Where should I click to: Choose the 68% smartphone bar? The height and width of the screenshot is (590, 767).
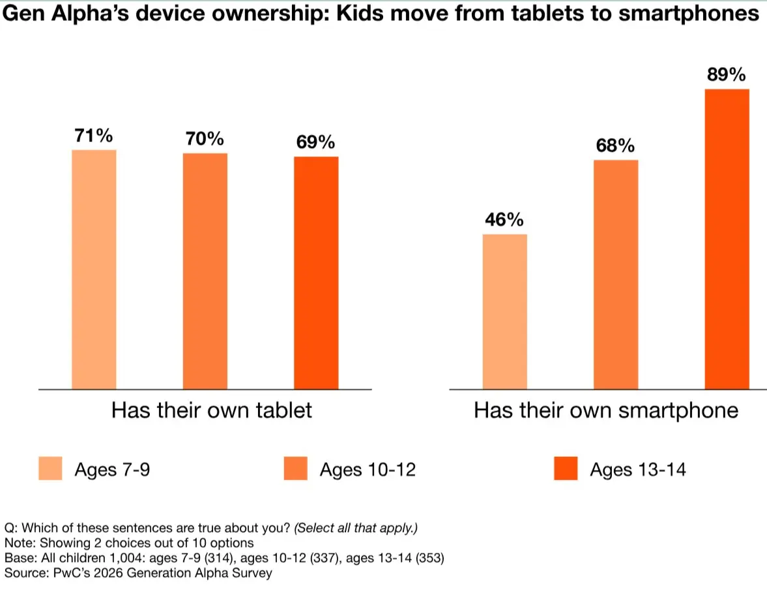click(x=616, y=274)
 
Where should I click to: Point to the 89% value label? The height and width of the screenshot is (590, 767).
click(x=727, y=76)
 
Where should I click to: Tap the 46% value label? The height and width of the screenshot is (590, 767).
click(x=504, y=220)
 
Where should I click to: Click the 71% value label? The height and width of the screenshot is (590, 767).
click(x=94, y=136)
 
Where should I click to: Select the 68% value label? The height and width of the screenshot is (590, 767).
click(x=615, y=146)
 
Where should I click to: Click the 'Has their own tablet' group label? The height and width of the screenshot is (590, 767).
click(x=212, y=410)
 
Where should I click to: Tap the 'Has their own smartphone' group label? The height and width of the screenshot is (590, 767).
click(x=606, y=410)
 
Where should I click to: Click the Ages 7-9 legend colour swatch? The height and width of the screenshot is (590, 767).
click(x=50, y=469)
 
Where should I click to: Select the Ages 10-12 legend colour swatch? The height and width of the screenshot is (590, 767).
click(x=295, y=469)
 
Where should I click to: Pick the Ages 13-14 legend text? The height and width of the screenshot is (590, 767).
click(x=637, y=469)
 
